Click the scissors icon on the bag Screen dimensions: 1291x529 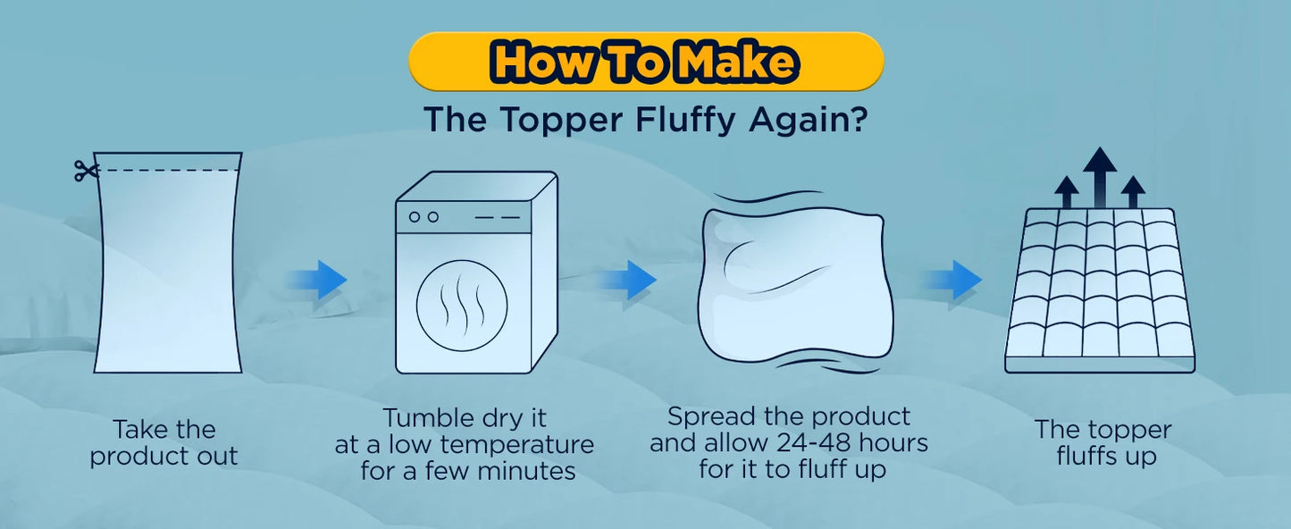click(85, 171)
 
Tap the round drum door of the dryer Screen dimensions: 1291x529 click(462, 306)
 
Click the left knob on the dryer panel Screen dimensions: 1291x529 click(415, 217)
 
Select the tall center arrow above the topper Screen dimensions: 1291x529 click(1100, 176)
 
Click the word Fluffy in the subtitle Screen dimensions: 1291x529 click(685, 121)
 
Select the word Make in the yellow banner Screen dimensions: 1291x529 click(738, 62)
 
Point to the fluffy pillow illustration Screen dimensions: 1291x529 click(795, 285)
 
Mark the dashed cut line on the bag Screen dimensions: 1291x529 click(168, 171)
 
